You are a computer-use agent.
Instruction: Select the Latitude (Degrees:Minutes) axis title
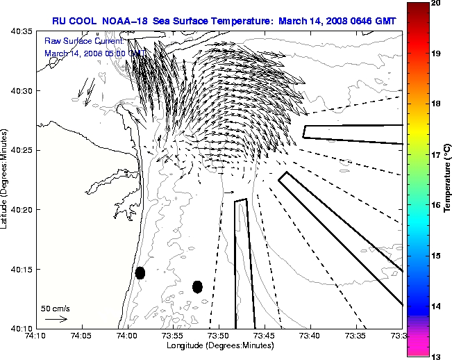coord(6,179)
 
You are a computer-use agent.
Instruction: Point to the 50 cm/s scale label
coord(56,308)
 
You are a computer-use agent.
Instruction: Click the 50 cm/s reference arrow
coord(56,319)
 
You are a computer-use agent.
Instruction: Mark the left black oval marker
coord(140,272)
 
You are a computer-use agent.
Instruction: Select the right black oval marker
coord(197,286)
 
